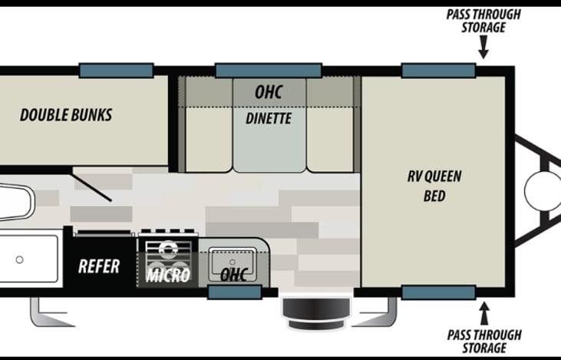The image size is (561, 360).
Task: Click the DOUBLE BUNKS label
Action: click(66, 115)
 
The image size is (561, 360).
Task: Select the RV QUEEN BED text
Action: click(434, 185)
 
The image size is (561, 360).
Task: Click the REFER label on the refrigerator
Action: click(99, 266)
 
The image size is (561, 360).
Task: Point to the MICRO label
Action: click(168, 275)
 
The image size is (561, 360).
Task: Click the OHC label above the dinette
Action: click(269, 92)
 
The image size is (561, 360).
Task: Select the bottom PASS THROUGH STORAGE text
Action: click(483, 341)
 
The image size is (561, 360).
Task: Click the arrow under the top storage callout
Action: click(483, 51)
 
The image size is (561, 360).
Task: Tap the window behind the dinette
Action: click(267, 71)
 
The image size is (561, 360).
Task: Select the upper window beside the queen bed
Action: click(438, 71)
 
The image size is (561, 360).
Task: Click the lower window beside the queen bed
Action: click(438, 292)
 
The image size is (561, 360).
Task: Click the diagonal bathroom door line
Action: click(93, 187)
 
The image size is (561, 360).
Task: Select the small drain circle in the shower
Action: click(19, 259)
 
